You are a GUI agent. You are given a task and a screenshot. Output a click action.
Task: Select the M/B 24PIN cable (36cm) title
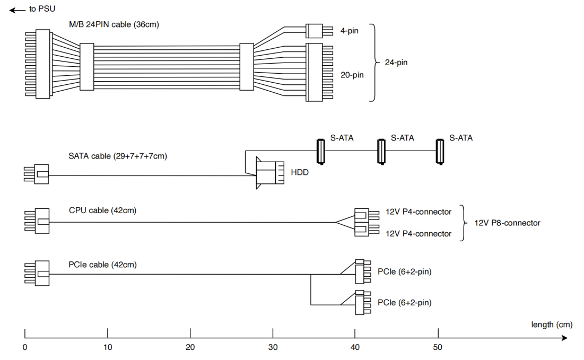tap(114, 24)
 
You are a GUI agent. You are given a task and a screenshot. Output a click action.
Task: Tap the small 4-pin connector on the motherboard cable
tap(319, 31)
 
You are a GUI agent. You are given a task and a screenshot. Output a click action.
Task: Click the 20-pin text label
tap(352, 75)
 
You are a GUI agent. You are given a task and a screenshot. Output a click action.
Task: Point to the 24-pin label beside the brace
tap(396, 63)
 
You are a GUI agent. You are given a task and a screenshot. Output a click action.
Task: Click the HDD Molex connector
tap(270, 173)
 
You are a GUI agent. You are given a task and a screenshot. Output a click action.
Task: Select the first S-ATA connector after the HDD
tap(320, 152)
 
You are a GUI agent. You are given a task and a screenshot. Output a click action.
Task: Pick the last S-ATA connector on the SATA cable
tap(440, 152)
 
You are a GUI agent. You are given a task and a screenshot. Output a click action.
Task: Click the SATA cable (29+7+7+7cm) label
tap(118, 156)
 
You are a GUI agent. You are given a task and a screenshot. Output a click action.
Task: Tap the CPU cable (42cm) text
tap(102, 210)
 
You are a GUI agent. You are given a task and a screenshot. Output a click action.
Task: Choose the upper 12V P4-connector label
tap(419, 212)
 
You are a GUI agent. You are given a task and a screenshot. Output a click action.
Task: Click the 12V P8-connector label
tap(507, 223)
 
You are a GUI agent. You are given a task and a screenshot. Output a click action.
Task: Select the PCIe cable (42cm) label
tap(102, 265)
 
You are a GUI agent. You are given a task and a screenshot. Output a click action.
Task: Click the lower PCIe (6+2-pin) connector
tap(363, 303)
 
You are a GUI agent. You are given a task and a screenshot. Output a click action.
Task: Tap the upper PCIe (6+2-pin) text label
tap(405, 272)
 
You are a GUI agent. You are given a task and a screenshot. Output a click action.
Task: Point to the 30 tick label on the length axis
tap(273, 347)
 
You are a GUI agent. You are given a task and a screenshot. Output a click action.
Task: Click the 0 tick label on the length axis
tap(25, 347)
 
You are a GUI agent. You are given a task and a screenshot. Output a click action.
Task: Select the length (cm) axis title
tap(552, 324)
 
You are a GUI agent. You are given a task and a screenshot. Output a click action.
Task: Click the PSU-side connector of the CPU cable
tap(37, 221)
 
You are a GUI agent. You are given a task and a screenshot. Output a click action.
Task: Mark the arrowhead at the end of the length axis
tap(564, 338)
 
